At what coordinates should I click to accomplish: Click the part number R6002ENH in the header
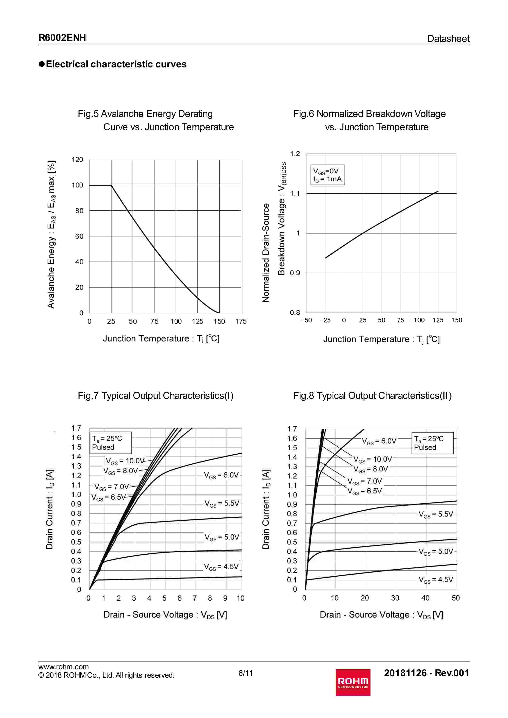(x=62, y=38)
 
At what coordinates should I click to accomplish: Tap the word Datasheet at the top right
(x=448, y=39)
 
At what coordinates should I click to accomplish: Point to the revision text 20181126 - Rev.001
(x=426, y=673)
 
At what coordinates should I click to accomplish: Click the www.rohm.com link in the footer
(x=63, y=667)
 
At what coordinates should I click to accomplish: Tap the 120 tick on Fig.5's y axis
(x=77, y=160)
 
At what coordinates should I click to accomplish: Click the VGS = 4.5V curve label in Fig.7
(x=221, y=567)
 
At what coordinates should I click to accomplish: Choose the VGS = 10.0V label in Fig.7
(x=125, y=461)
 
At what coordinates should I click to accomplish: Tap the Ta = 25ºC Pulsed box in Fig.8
(x=432, y=443)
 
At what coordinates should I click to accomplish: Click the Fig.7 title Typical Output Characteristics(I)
(x=156, y=396)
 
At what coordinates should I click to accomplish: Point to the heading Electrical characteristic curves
(x=116, y=64)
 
